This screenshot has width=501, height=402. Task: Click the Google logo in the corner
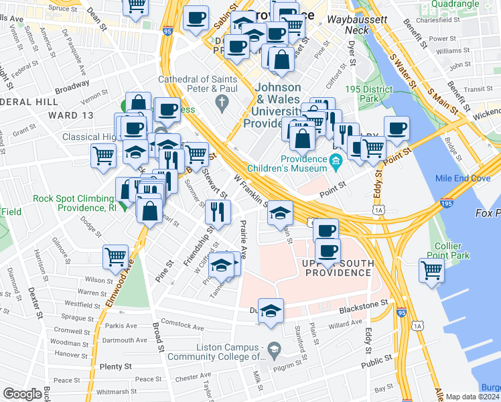click(22, 394)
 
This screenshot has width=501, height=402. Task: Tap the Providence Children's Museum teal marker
click(336, 160)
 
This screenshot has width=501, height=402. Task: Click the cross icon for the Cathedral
click(222, 102)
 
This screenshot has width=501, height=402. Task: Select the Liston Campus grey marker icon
click(273, 348)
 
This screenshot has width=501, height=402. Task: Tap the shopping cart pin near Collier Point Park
click(432, 270)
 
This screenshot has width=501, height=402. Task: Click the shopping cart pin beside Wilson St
click(116, 257)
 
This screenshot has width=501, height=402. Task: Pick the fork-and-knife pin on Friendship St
click(217, 211)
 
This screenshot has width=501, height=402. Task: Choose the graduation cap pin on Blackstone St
click(271, 311)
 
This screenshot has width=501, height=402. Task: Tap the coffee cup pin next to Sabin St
click(196, 18)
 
